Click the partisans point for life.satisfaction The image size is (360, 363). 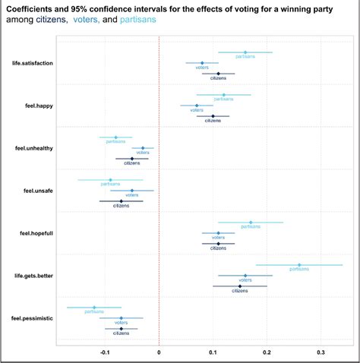[x=245, y=52]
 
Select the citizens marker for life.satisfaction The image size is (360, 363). [x=218, y=74]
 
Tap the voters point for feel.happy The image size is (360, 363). [x=197, y=106]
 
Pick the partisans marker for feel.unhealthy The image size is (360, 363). [x=115, y=137]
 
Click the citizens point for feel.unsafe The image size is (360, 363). [x=121, y=201]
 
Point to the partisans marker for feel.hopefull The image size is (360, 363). [x=251, y=223]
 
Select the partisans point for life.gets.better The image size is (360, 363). [x=299, y=265]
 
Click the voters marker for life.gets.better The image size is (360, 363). [x=245, y=276]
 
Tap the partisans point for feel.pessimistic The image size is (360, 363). [x=94, y=308]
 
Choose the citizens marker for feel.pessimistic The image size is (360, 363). [x=121, y=329]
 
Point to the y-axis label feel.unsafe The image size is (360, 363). [x=36, y=191]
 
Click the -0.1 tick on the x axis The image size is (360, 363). [x=104, y=353]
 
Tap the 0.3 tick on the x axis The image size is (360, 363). [x=321, y=353]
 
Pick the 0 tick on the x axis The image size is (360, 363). [x=159, y=353]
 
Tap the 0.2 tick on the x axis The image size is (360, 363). [x=267, y=353]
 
